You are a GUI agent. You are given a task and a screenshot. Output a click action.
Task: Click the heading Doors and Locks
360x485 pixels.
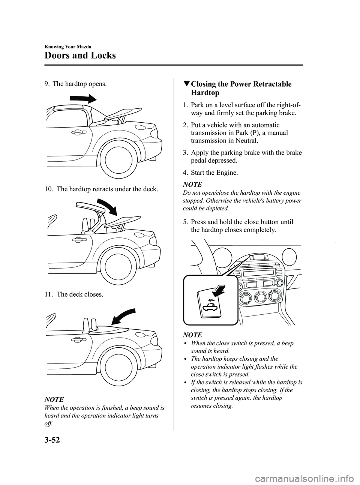pyautogui.click(x=80, y=56)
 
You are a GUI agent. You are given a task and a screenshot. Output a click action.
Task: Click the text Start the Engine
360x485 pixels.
pyautogui.click(x=214, y=173)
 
